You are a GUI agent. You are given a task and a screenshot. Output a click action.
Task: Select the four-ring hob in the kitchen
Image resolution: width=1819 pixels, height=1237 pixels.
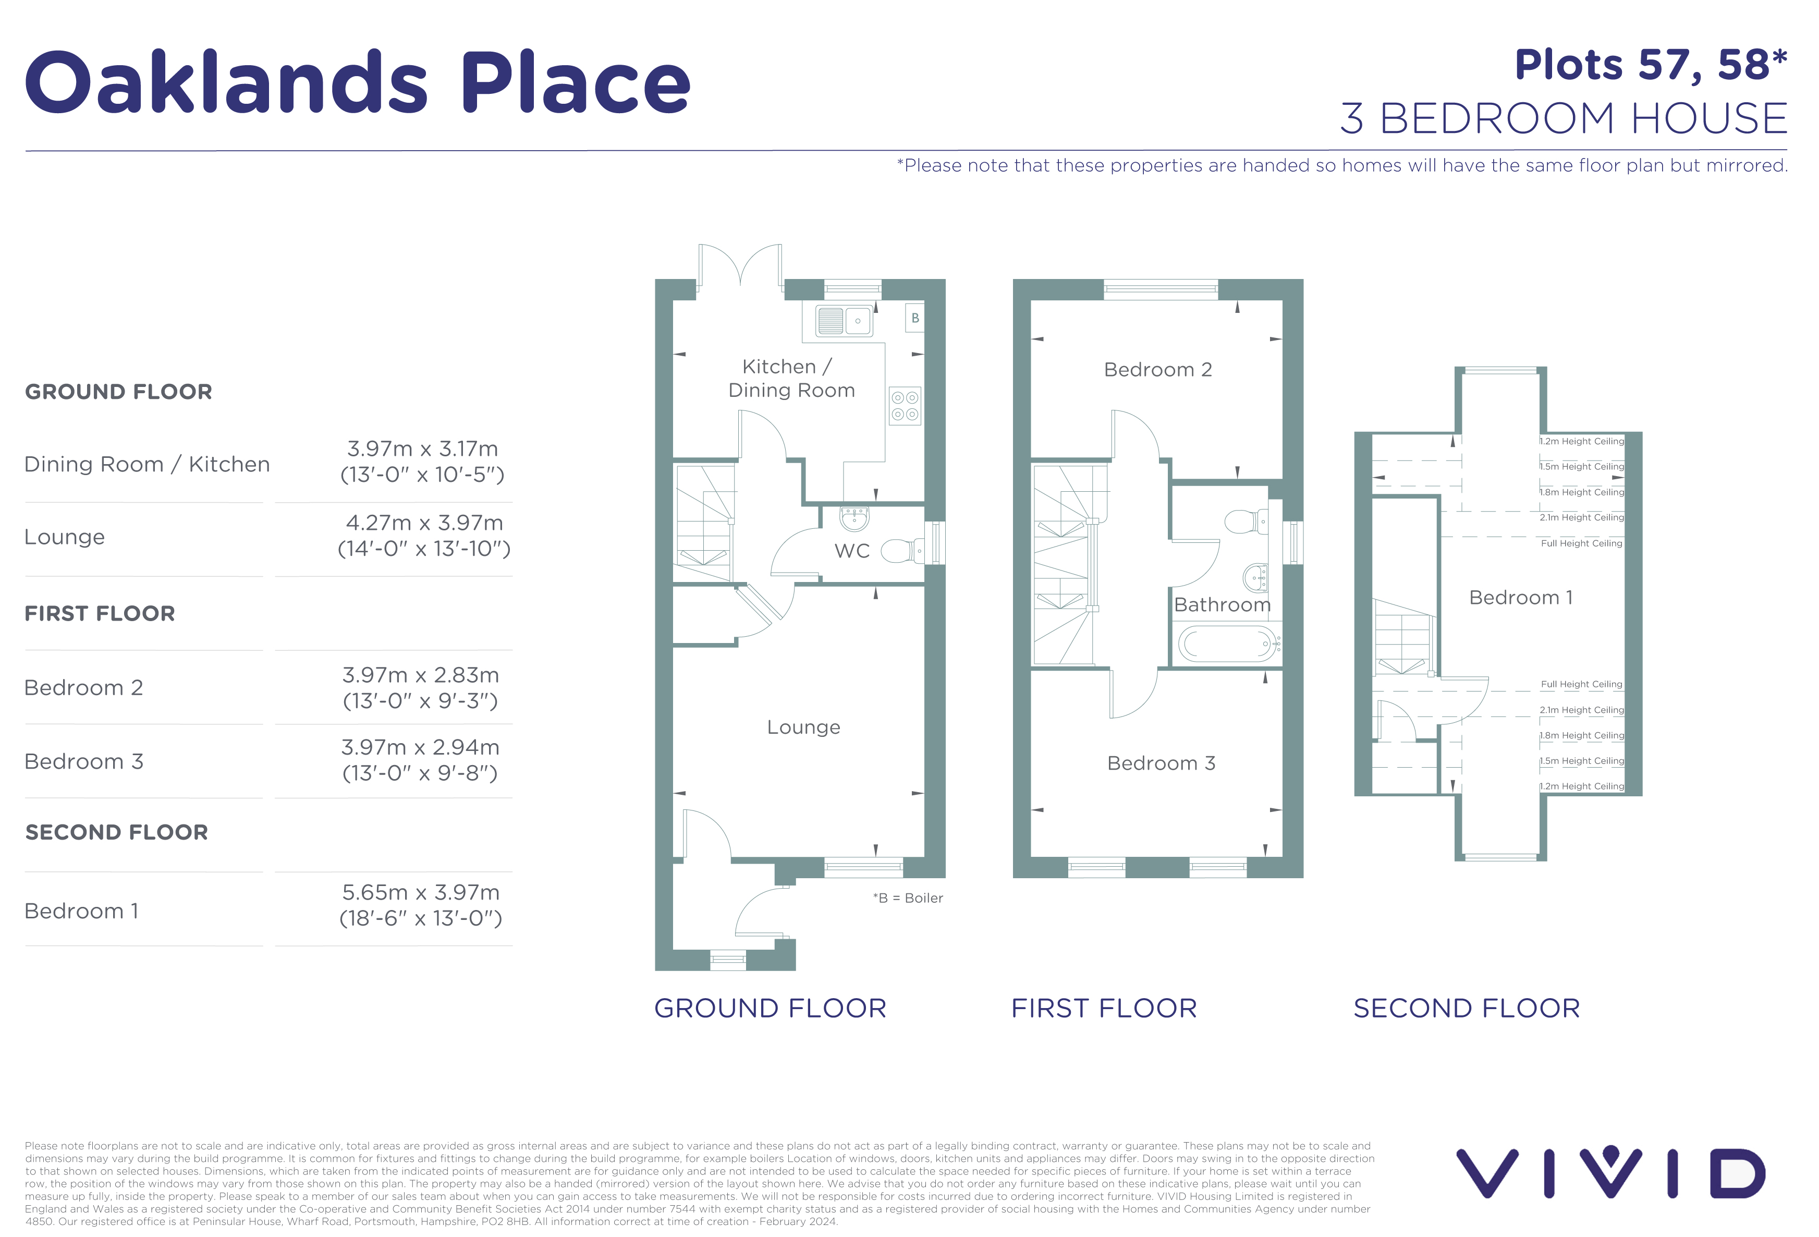click(905, 406)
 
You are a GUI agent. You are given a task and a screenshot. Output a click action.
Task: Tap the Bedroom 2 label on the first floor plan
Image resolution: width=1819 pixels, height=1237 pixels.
click(1157, 370)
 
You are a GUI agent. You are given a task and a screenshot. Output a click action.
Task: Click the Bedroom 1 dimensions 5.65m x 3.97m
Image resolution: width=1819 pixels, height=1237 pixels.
click(421, 905)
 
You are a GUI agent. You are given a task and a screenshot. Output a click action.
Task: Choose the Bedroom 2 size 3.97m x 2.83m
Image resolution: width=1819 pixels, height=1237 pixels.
click(420, 687)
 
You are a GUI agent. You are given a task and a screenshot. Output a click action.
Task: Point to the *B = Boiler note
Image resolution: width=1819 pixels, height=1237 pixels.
click(908, 898)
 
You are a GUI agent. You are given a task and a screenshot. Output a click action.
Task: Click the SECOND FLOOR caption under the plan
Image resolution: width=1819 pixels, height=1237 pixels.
click(1466, 1009)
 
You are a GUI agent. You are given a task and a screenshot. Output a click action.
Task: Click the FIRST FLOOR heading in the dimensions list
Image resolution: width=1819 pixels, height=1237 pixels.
click(100, 614)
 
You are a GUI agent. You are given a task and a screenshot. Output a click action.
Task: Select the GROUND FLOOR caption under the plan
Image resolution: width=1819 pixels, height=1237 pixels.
click(770, 1009)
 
